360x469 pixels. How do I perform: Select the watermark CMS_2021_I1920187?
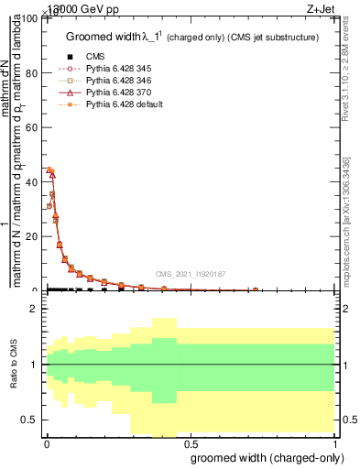(191, 273)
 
